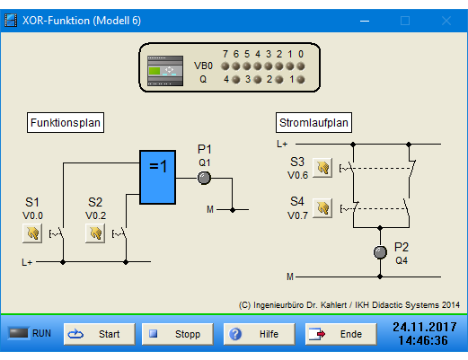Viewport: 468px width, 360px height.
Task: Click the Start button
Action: (99, 334)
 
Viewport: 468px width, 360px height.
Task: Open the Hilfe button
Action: (259, 334)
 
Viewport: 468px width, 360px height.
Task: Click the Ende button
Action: (340, 334)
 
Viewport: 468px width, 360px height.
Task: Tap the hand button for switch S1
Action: (32, 233)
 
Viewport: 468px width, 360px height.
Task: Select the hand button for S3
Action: (322, 168)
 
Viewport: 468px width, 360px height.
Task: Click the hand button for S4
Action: (322, 208)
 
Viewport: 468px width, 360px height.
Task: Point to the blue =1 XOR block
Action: (157, 178)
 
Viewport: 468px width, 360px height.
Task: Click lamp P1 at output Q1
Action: (204, 178)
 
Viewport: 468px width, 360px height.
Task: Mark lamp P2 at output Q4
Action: (380, 252)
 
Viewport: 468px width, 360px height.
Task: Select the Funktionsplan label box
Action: (66, 122)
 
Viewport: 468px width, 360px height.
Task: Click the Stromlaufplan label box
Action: (313, 122)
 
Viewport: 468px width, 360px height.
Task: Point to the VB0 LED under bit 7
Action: (225, 66)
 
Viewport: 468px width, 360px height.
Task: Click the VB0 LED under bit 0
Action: (301, 66)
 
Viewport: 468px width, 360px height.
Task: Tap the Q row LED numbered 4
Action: (236, 80)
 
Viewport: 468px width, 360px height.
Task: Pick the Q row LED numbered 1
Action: (301, 80)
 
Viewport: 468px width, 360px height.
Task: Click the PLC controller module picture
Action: (165, 71)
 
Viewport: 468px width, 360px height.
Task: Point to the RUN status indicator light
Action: (18, 333)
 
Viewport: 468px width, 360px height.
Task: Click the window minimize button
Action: (365, 21)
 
